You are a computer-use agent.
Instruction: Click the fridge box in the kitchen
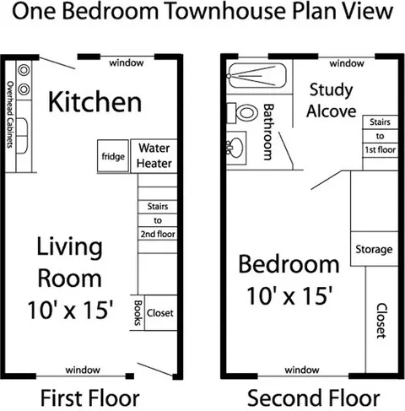[x=113, y=155]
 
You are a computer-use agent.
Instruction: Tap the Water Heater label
[x=154, y=155]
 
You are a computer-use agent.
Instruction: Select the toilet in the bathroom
[x=242, y=113]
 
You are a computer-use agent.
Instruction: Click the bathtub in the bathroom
[x=257, y=75]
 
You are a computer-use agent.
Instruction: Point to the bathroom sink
[x=235, y=148]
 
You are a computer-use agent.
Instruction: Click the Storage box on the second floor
[x=375, y=249]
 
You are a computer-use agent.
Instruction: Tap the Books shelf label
[x=138, y=312]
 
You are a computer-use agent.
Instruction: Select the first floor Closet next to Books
[x=160, y=312]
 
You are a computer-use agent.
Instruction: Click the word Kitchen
[x=94, y=102]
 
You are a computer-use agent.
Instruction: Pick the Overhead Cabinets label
[x=10, y=114]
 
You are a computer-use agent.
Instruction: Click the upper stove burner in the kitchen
[x=24, y=70]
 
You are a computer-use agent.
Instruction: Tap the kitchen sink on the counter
[x=22, y=136]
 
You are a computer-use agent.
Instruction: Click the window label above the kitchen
[x=127, y=62]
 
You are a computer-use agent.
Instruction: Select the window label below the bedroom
[x=302, y=370]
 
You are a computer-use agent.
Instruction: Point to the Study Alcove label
[x=332, y=100]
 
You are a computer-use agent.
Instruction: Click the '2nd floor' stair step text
[x=158, y=234]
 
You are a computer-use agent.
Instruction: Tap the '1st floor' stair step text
[x=381, y=149]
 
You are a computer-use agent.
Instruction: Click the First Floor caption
[x=90, y=397]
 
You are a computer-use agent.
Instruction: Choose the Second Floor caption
[x=314, y=397]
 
